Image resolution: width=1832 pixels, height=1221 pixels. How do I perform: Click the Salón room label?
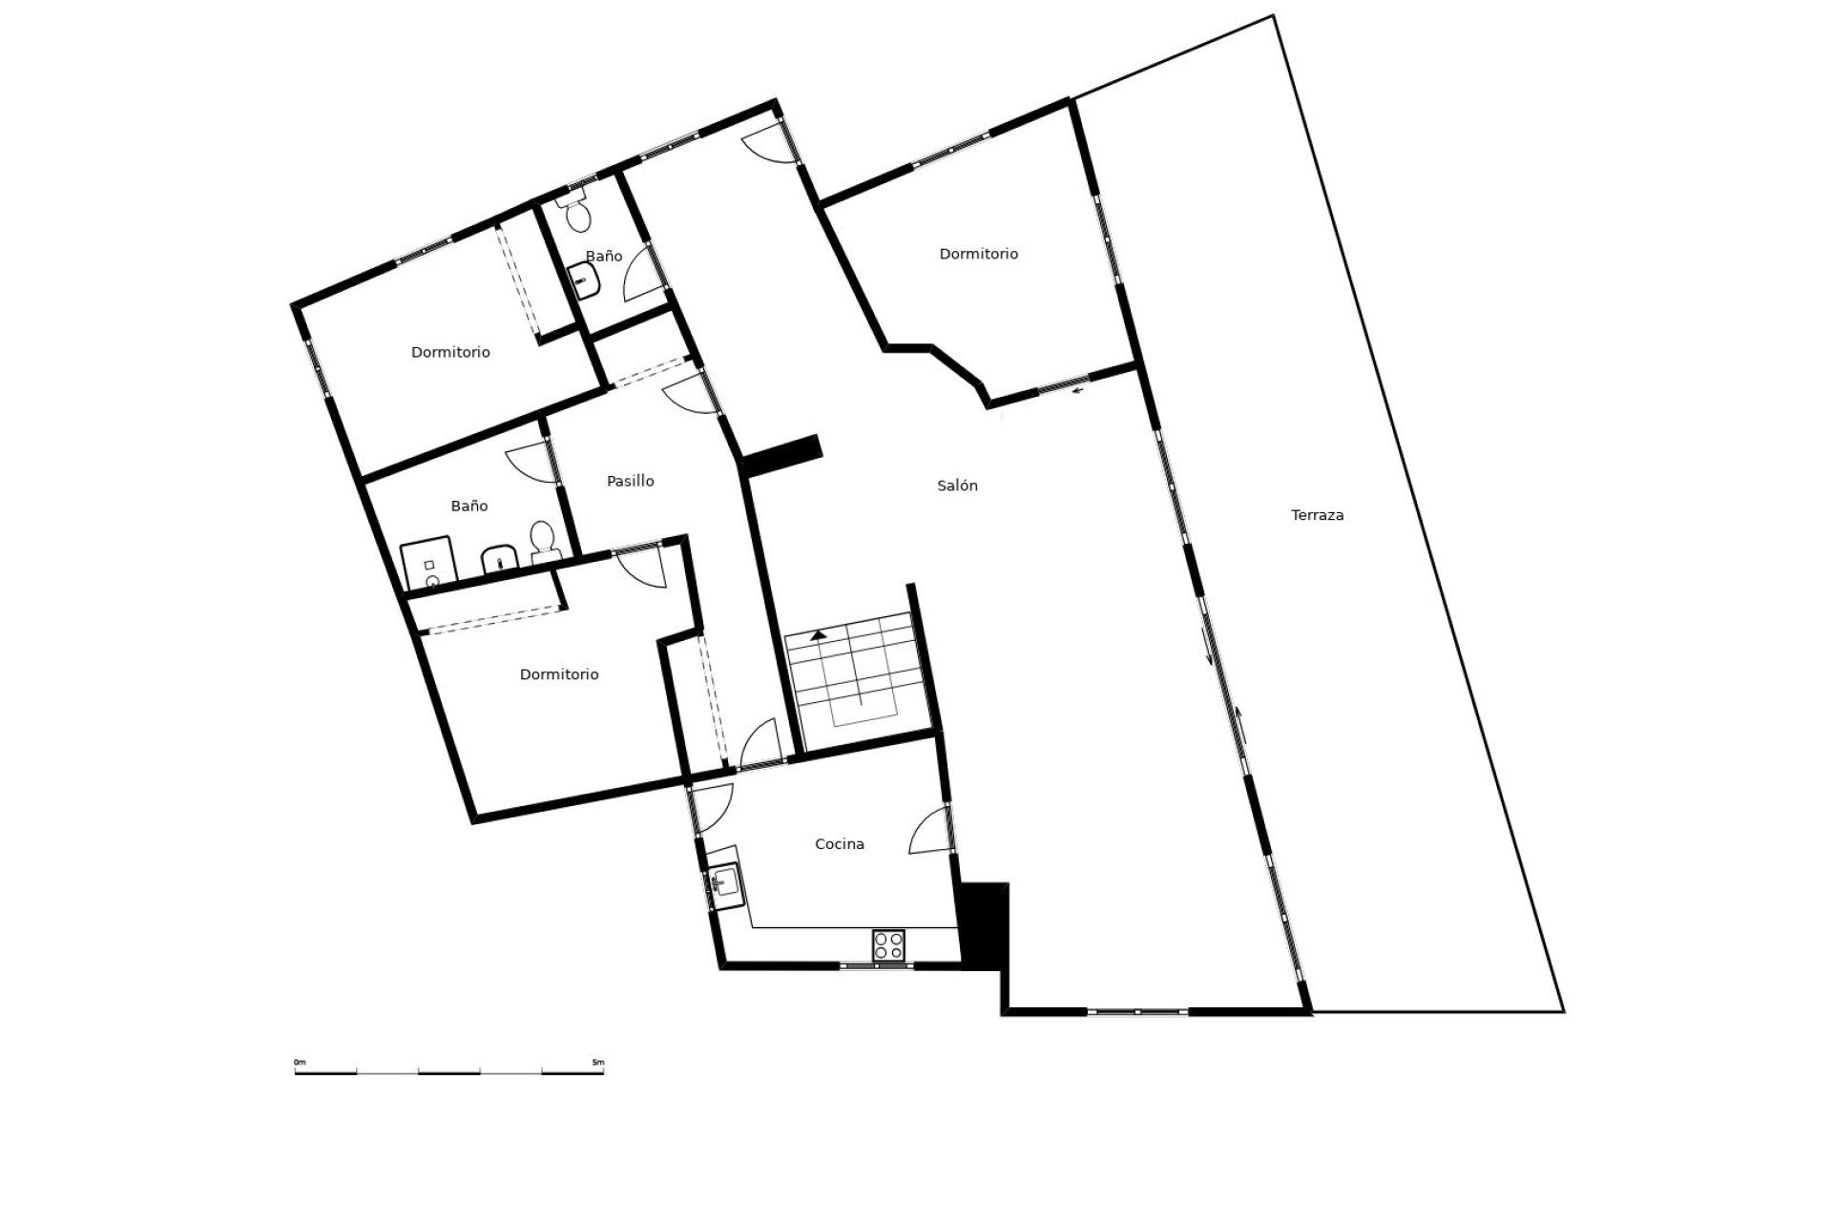(957, 486)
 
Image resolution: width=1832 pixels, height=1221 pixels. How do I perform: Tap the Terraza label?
(1317, 515)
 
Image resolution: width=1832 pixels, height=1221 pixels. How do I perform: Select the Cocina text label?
(840, 844)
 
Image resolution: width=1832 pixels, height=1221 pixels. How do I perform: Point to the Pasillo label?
(631, 481)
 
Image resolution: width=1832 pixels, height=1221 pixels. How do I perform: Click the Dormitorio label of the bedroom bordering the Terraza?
(979, 254)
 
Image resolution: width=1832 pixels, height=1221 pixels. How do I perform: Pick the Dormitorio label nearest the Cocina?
(559, 674)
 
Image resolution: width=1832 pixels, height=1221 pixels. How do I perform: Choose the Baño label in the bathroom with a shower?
(469, 506)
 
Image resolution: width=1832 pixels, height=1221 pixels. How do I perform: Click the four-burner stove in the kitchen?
(888, 944)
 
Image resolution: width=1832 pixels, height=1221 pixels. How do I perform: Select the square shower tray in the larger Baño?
(427, 565)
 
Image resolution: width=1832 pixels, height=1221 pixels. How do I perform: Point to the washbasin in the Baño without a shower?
(584, 280)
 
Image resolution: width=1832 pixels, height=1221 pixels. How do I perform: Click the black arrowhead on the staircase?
(819, 634)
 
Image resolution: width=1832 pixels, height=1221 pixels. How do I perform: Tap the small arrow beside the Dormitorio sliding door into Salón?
(1079, 389)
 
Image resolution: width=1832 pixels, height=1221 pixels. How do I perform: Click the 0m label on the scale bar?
(300, 1062)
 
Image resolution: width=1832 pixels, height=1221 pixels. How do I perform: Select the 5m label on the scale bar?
(597, 1062)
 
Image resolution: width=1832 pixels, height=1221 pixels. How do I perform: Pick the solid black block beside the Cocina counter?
(983, 926)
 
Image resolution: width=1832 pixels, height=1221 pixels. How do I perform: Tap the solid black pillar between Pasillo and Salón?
(781, 455)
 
